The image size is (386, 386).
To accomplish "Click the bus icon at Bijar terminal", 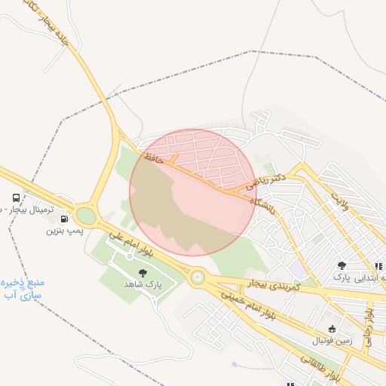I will click(x=17, y=198).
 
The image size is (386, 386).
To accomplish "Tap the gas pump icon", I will click(x=63, y=219).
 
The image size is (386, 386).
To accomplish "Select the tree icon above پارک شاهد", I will click(x=142, y=273).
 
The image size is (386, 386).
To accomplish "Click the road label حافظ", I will click(x=153, y=157).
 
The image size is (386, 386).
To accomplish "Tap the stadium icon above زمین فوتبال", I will click(x=332, y=329).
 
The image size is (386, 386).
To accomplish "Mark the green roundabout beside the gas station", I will click(x=86, y=216).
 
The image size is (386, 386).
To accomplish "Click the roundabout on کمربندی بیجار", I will click(x=198, y=277).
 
